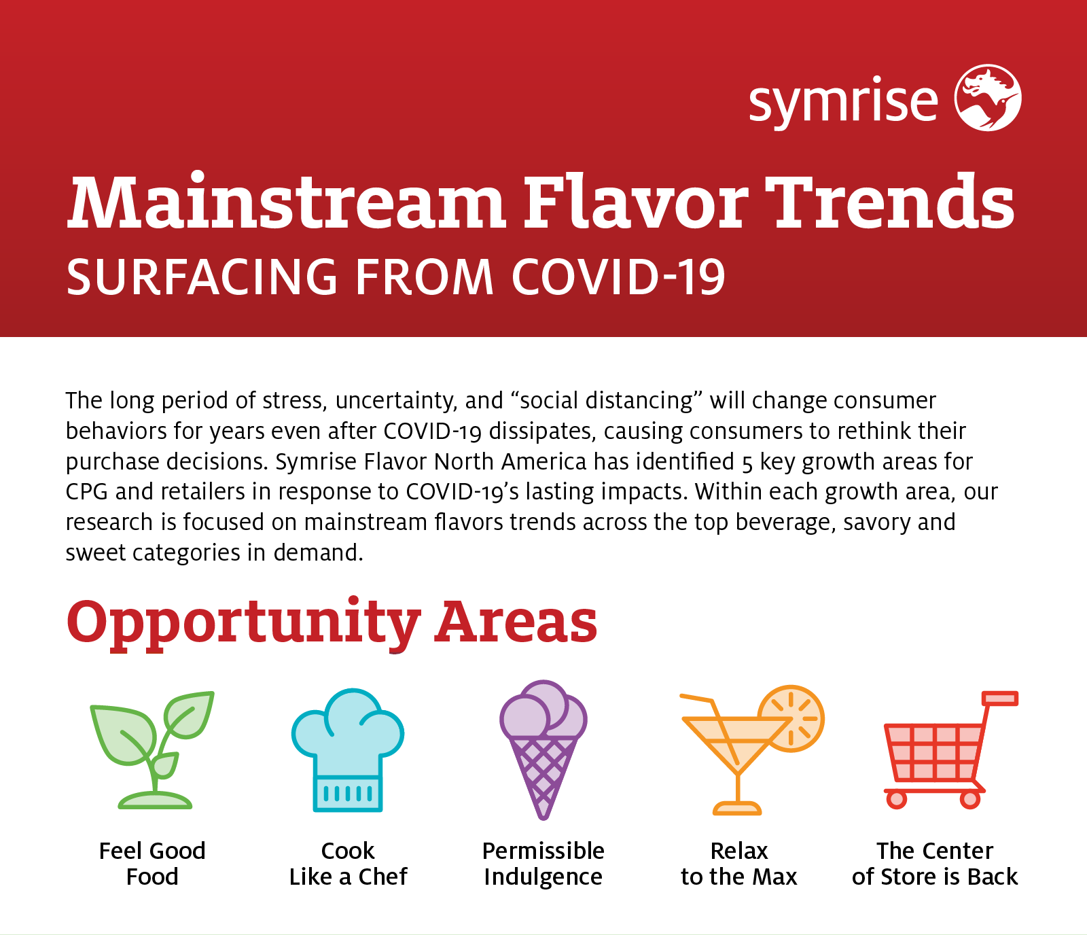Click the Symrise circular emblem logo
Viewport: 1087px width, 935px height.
click(x=988, y=98)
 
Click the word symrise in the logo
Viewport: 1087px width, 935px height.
click(x=843, y=102)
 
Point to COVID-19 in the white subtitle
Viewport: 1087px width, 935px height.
click(x=618, y=277)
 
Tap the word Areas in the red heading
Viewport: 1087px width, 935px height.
click(x=516, y=621)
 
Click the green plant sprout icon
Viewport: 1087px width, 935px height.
click(x=152, y=749)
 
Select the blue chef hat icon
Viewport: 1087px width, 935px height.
click(x=348, y=749)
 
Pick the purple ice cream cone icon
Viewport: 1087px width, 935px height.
click(x=543, y=749)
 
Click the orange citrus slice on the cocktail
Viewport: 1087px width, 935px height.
click(x=792, y=718)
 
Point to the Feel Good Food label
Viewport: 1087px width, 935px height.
click(x=152, y=864)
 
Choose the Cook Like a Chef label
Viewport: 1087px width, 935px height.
click(x=348, y=864)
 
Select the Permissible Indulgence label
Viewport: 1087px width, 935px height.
click(x=543, y=864)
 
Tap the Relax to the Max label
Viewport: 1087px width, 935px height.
click(x=738, y=864)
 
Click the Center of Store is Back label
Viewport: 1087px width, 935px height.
click(x=935, y=864)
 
